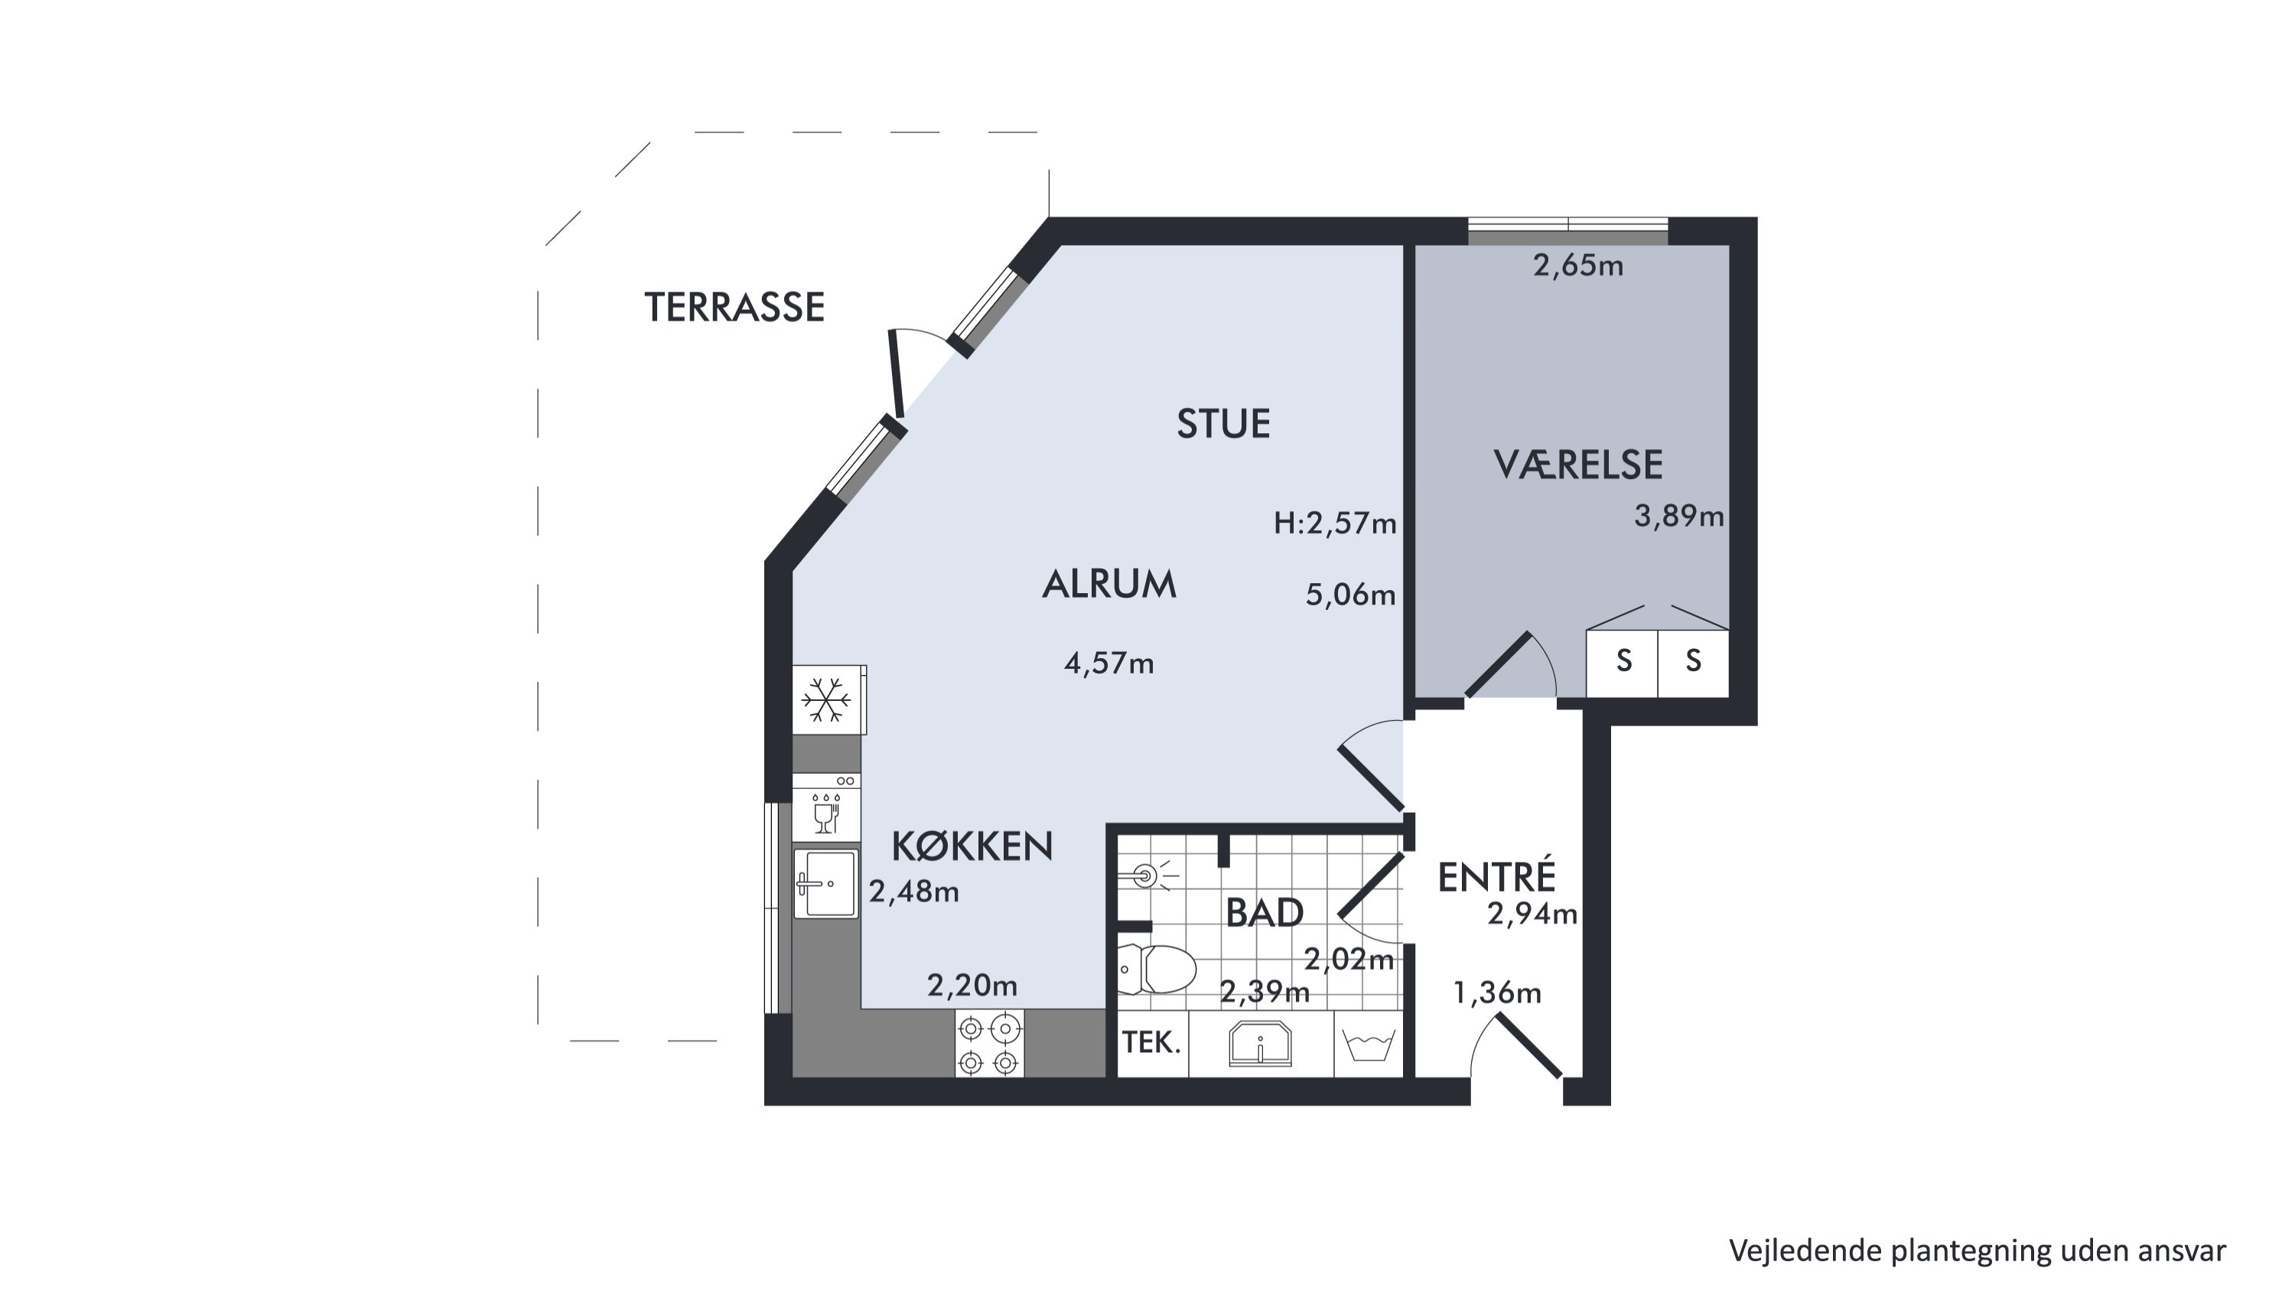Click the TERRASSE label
pyautogui.click(x=734, y=308)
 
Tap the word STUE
pyautogui.click(x=1223, y=424)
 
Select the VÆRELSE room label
pyautogui.click(x=1577, y=465)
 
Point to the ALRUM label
pyautogui.click(x=1109, y=585)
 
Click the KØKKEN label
pyautogui.click(x=972, y=846)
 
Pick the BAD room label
pyautogui.click(x=1265, y=912)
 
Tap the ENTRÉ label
pyautogui.click(x=1497, y=877)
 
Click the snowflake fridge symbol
pyautogui.click(x=827, y=700)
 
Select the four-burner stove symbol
pyautogui.click(x=989, y=1043)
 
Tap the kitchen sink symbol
pyautogui.click(x=826, y=884)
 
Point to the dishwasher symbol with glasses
pyautogui.click(x=827, y=807)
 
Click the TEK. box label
pyautogui.click(x=1152, y=1042)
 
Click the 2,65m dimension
pyautogui.click(x=1577, y=266)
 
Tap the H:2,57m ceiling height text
pyautogui.click(x=1335, y=523)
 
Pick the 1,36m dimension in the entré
pyautogui.click(x=1497, y=993)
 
